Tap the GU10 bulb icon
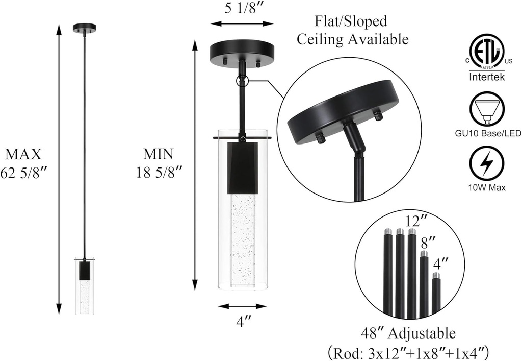coord(486,109)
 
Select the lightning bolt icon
coord(486,164)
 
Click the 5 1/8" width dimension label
coord(242,9)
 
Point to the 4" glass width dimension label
coord(243,322)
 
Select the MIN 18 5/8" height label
coord(159,163)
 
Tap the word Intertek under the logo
coord(487,77)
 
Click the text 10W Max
coord(487,188)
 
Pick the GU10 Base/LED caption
coord(488,134)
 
